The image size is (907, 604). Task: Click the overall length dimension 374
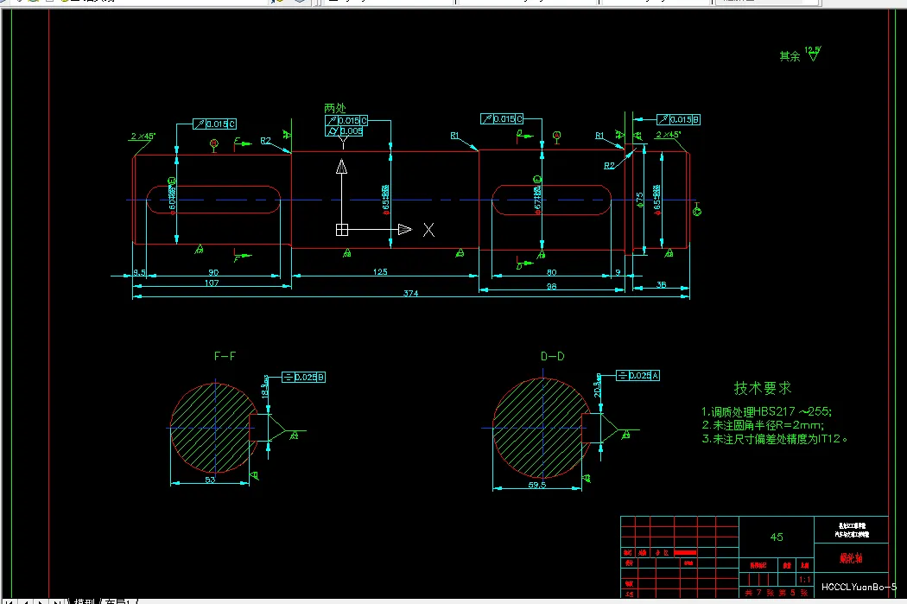[410, 294]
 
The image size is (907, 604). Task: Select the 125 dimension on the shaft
[379, 272]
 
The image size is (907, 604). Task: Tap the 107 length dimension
[211, 283]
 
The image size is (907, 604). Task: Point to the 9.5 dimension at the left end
[139, 272]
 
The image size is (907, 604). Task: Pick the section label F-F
[225, 356]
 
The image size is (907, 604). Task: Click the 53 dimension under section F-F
[210, 478]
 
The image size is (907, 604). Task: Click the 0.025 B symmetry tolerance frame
[303, 377]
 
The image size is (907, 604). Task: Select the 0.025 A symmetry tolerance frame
[638, 375]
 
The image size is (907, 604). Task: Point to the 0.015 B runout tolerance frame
[679, 119]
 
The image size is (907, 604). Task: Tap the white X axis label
[428, 230]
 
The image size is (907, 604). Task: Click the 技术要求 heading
[762, 388]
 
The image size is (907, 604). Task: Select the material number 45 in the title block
[777, 537]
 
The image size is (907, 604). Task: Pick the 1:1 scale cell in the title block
[805, 579]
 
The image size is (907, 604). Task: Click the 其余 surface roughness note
[790, 56]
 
